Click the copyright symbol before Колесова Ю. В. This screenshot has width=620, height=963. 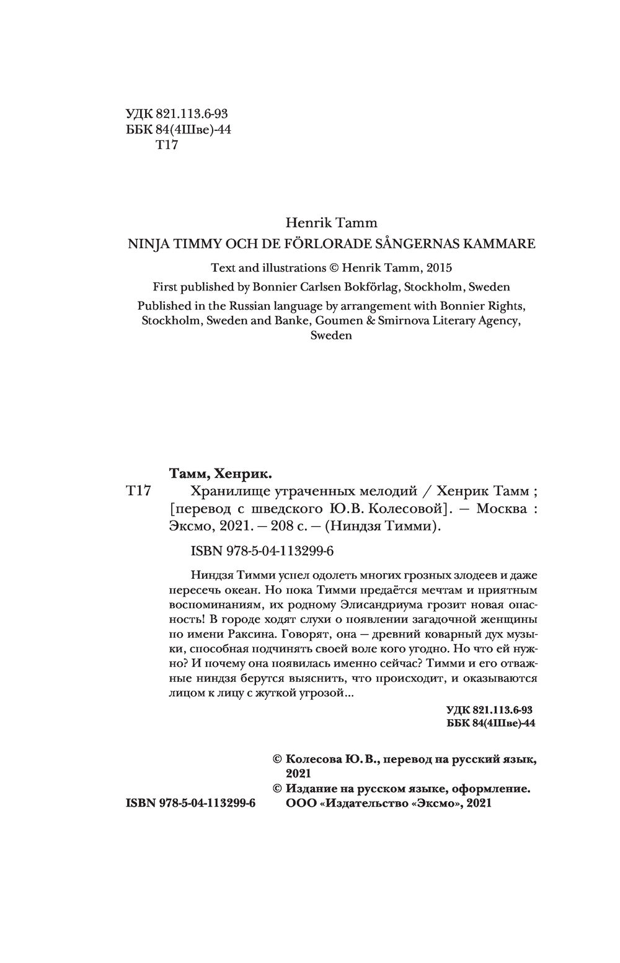tap(278, 759)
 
